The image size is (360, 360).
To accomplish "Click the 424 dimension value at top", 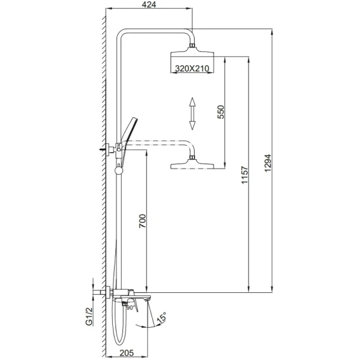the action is (149, 4).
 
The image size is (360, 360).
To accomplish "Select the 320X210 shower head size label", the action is (192, 68).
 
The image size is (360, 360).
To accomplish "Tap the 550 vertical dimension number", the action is (221, 112).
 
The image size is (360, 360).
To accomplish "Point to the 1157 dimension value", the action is (245, 175).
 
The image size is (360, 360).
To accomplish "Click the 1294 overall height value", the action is (267, 164).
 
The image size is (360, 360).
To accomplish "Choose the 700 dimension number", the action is (143, 221).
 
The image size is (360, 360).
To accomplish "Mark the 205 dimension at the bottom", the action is (126, 353).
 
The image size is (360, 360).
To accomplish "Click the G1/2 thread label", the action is (89, 317).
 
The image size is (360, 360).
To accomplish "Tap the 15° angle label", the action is (161, 318).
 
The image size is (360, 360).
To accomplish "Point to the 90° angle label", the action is (131, 307).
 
